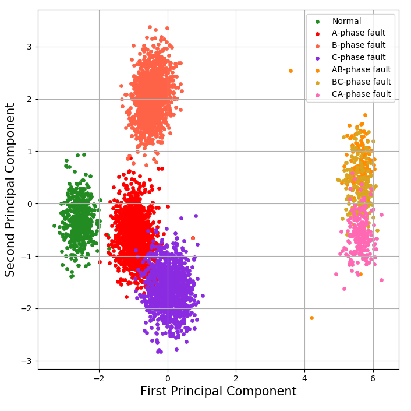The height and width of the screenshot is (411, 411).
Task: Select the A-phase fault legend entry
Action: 358,33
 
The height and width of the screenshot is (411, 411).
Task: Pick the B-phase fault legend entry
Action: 358,45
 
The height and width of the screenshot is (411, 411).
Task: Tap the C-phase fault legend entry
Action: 358,57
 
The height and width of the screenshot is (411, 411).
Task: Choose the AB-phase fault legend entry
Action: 361,69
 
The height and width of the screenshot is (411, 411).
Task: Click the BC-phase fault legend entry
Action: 361,82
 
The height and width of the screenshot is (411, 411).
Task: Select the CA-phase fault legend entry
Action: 361,94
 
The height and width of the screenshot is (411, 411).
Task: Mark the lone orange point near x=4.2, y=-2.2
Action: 311,318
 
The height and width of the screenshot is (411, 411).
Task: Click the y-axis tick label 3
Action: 29,47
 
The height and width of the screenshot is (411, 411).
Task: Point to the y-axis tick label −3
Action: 27,361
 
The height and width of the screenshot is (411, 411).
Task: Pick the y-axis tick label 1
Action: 29,152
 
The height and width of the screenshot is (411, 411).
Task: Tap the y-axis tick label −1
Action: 27,257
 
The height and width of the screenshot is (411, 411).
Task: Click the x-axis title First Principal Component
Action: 218,392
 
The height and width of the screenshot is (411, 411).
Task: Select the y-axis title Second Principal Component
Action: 10,189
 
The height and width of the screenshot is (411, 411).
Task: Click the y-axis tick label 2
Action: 29,99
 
